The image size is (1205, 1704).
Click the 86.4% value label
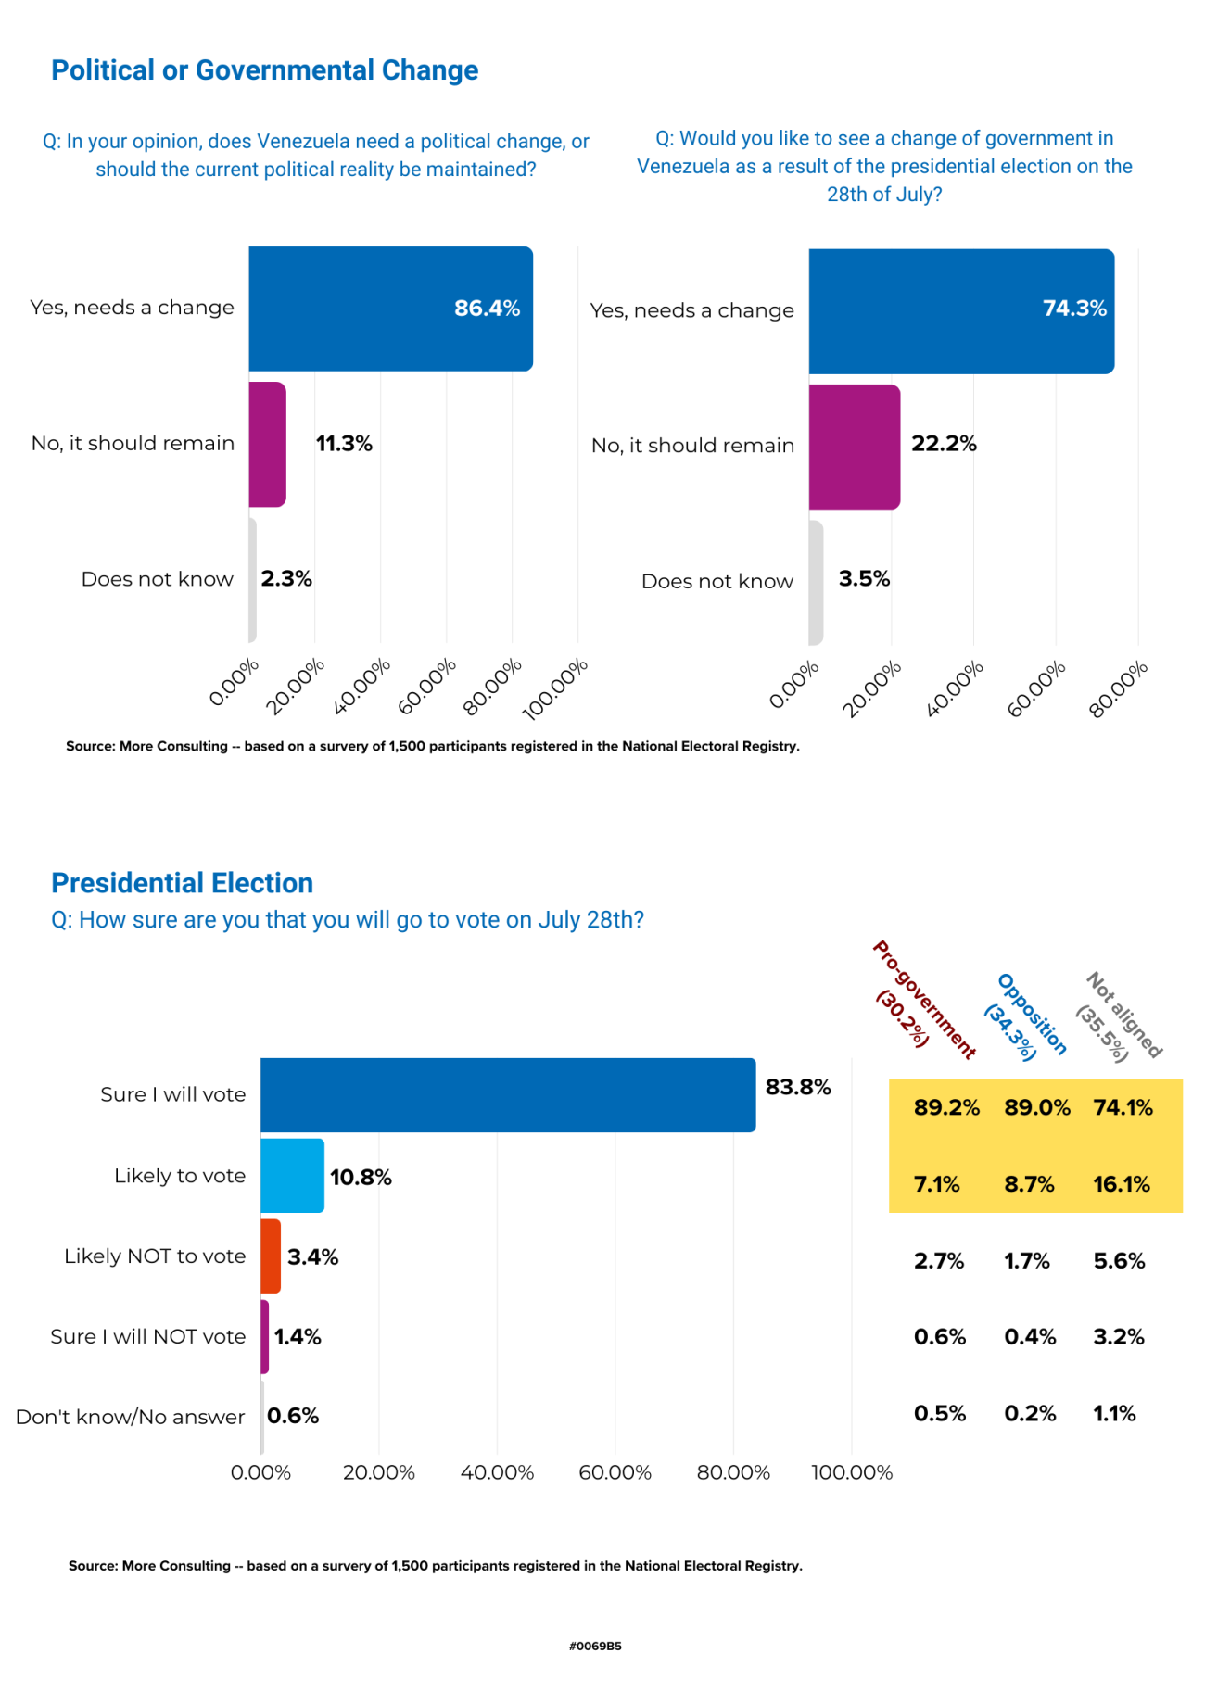[x=487, y=309]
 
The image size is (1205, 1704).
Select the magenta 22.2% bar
[x=854, y=447]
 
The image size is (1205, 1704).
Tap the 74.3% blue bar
[x=960, y=311]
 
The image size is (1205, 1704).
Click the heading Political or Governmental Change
[x=264, y=70]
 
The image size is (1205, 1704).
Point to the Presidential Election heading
[x=182, y=883]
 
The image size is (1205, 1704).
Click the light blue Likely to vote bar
[x=292, y=1176]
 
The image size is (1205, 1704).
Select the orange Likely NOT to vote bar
[x=271, y=1256]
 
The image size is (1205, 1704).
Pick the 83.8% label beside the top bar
[x=797, y=1087]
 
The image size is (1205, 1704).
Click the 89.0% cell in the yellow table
[x=1036, y=1107]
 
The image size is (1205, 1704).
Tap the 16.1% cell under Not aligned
[x=1121, y=1184]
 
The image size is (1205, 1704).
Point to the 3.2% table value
[x=1119, y=1337]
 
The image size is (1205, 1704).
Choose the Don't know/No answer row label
[x=131, y=1417]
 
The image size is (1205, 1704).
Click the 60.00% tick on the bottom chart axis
[x=615, y=1472]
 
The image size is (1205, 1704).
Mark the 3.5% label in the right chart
[x=864, y=579]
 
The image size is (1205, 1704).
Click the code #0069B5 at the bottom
[x=595, y=1647]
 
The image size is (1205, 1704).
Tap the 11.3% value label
[x=344, y=444]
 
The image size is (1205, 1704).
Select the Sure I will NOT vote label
[x=148, y=1336]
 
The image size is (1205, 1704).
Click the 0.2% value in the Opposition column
[x=1030, y=1413]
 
